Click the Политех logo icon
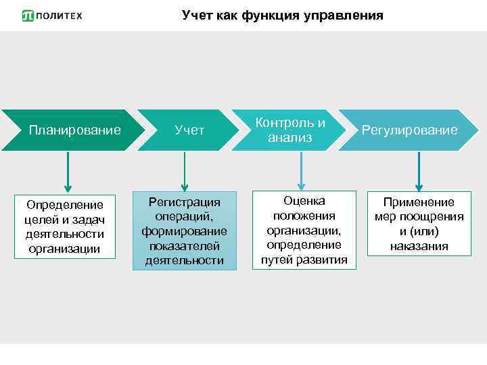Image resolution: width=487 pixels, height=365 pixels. tap(28, 16)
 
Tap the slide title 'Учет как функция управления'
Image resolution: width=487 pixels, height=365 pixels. tap(282, 15)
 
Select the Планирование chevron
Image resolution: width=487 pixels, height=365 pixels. tap(74, 130)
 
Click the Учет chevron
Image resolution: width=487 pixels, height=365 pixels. tap(189, 130)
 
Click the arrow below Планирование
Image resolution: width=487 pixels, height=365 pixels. tap(67, 172)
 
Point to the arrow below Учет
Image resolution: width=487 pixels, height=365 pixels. tap(184, 172)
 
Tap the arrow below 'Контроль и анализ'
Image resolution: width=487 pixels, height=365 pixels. tap(301, 172)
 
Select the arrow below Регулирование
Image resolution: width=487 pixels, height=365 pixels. tap(419, 172)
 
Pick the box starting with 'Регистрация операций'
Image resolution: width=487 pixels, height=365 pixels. tap(185, 231)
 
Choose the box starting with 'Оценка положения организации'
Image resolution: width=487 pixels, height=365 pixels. tap(304, 230)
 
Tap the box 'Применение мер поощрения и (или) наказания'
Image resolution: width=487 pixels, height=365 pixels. tap(419, 224)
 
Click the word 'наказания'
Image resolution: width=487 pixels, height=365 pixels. tap(419, 247)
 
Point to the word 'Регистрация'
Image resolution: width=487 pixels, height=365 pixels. tap(185, 202)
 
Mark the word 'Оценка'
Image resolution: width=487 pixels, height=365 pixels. tap(304, 201)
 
